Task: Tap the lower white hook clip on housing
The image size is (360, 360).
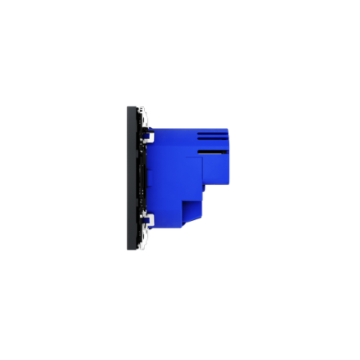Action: click(x=148, y=218)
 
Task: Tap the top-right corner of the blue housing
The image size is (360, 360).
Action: click(x=228, y=129)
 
